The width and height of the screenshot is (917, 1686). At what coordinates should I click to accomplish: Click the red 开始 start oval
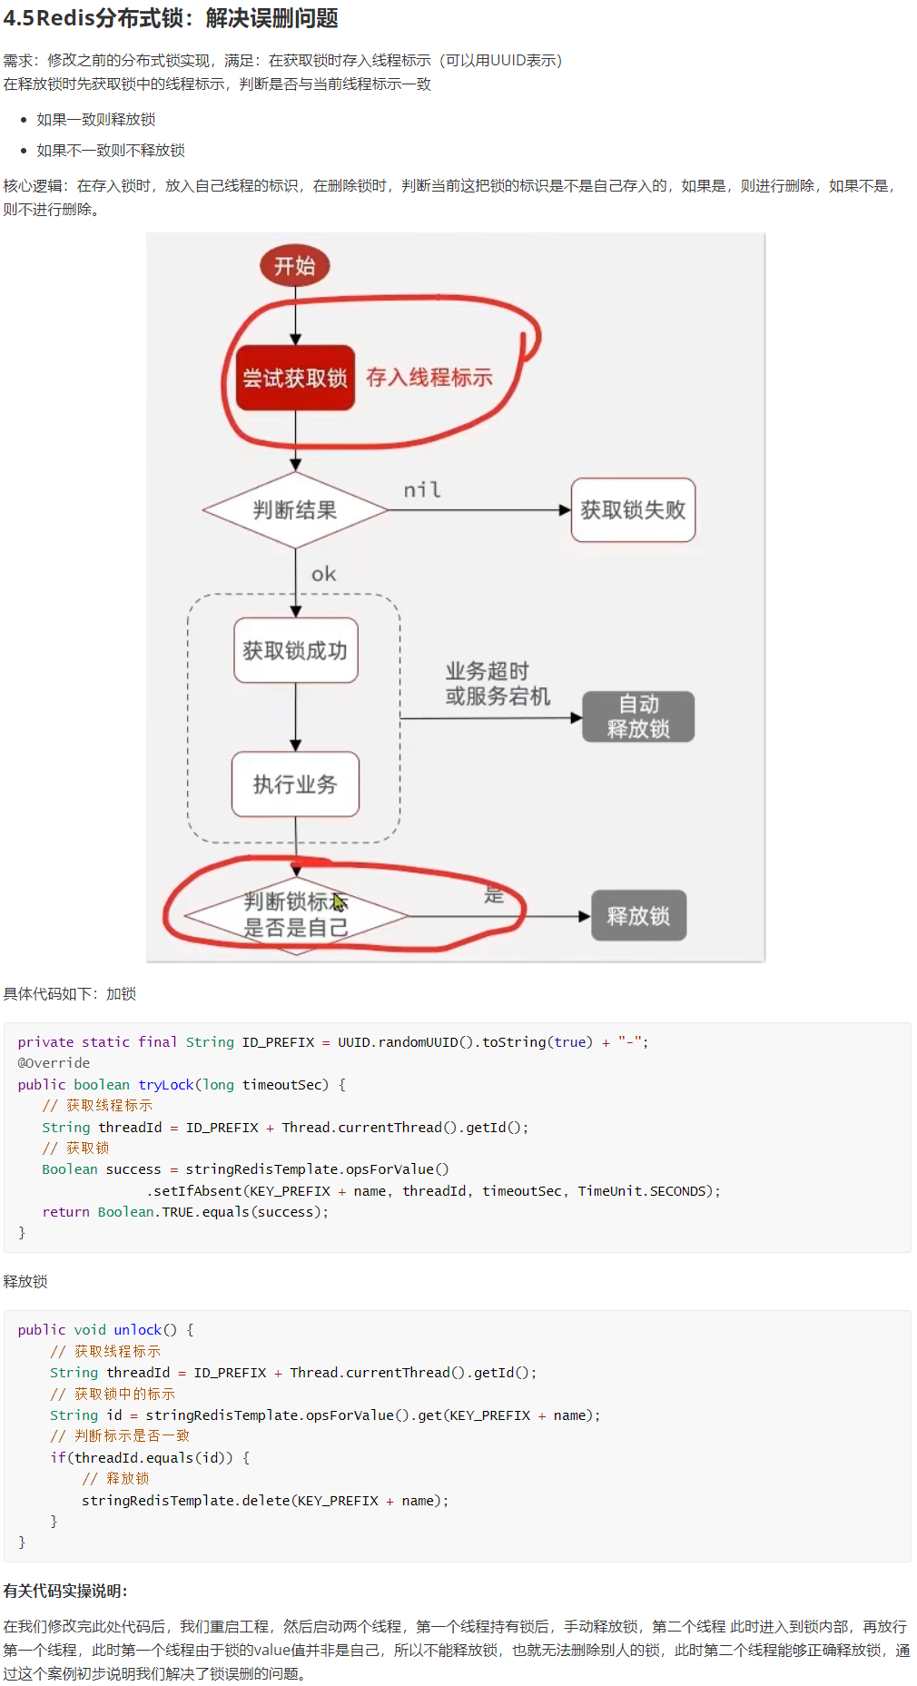point(295,266)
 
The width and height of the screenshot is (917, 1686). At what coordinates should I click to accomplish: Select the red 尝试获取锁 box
point(295,378)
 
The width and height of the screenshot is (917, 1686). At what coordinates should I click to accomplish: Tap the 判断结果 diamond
point(295,510)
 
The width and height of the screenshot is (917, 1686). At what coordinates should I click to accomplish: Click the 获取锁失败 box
point(633,510)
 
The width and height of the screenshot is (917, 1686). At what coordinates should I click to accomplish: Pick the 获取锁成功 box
point(295,651)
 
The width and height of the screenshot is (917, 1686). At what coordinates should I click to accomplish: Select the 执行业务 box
point(295,784)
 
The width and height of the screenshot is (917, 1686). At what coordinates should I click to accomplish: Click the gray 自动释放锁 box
point(638,716)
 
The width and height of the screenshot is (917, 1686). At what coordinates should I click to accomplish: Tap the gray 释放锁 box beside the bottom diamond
point(638,915)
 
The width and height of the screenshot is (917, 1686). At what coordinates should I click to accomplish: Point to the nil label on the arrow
point(422,490)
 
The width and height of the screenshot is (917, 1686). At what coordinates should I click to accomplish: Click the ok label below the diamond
point(323,574)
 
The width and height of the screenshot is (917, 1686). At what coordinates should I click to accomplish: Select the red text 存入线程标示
point(429,378)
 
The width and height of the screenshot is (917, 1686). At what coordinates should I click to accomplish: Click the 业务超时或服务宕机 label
point(498,684)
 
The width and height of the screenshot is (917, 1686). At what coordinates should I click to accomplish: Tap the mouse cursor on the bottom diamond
point(339,902)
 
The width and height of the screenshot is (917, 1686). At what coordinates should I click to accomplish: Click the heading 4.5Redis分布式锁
point(171,18)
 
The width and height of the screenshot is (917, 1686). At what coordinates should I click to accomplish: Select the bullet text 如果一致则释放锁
point(96,120)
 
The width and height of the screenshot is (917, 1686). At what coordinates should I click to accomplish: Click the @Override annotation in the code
point(54,1063)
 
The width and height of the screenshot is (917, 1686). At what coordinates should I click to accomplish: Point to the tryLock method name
point(166,1085)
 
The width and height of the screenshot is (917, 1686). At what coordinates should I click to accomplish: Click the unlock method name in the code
point(138,1330)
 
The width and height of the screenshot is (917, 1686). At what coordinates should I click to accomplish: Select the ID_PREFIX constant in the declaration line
point(278,1042)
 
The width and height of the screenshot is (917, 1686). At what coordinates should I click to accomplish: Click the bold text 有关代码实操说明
point(65,1591)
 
